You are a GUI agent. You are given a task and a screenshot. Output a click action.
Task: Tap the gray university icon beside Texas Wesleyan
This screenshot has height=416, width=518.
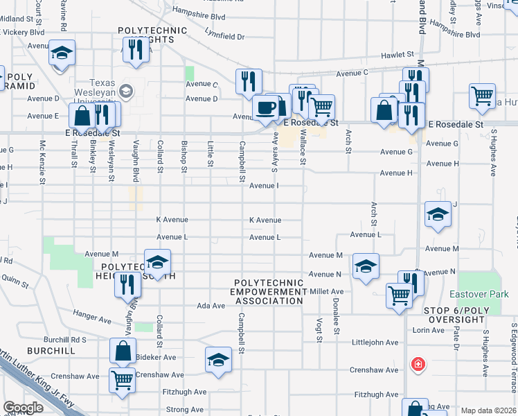(126, 91)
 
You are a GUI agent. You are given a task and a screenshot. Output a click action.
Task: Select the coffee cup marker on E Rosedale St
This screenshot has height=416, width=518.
(265, 108)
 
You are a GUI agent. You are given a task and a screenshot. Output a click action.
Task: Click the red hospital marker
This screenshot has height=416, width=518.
(418, 364)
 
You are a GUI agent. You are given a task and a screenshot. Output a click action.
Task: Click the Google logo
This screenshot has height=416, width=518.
(23, 408)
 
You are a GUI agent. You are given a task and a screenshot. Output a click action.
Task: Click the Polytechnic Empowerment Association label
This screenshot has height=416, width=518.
(269, 292)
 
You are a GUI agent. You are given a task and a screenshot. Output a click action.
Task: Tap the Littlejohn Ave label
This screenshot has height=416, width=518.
(375, 343)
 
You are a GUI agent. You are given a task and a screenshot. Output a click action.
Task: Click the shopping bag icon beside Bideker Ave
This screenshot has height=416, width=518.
(123, 351)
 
